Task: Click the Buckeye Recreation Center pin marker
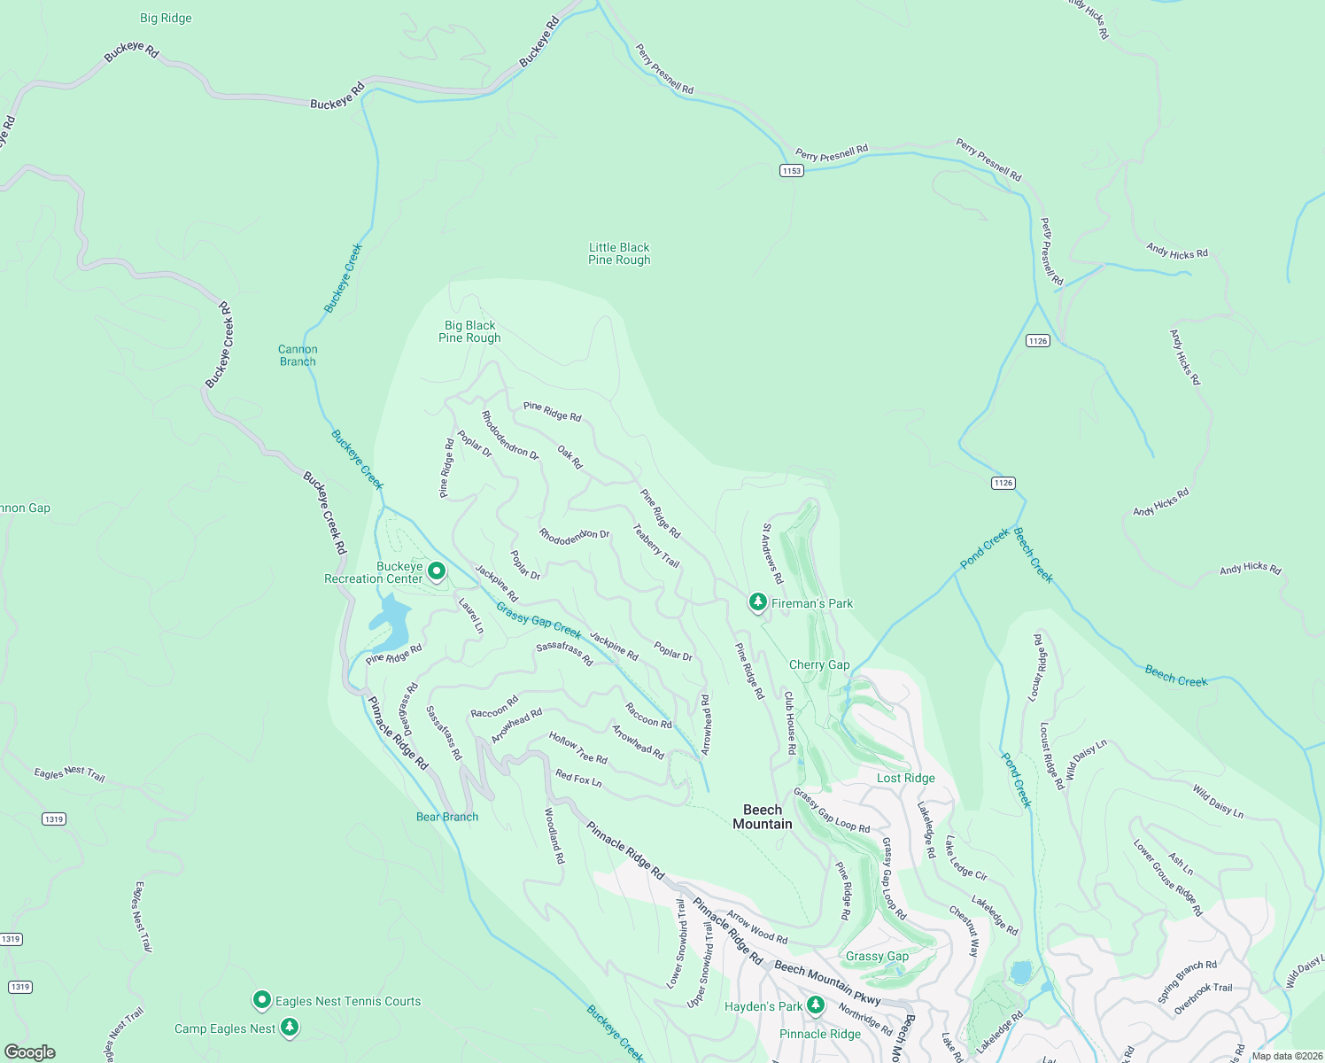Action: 437,571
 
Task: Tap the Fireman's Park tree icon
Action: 757,602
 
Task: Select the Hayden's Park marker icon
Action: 816,1005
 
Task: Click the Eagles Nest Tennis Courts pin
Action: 261,1000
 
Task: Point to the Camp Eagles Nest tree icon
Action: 290,1028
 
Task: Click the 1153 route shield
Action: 791,170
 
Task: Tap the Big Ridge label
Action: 166,18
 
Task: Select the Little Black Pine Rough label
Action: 619,253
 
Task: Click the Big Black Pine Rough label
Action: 469,331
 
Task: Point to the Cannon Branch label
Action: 298,355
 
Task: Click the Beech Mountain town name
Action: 763,817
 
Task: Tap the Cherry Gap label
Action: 819,664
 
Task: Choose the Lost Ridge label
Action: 905,778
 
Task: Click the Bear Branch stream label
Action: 447,817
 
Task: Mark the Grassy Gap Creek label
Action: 539,620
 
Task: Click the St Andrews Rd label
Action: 772,554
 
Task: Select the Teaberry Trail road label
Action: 656,546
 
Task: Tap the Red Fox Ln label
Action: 578,779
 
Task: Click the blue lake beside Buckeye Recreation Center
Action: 391,620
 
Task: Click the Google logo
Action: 30,1052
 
